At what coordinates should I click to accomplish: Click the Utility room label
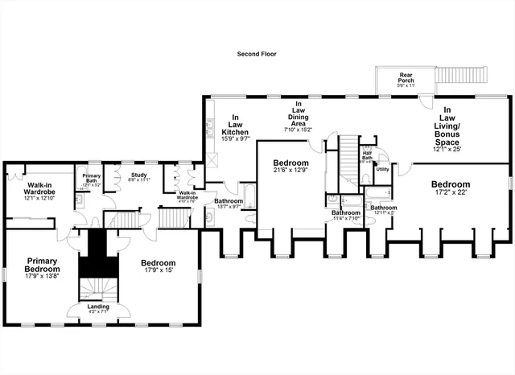click(x=383, y=170)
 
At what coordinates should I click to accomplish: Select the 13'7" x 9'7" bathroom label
click(x=229, y=204)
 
